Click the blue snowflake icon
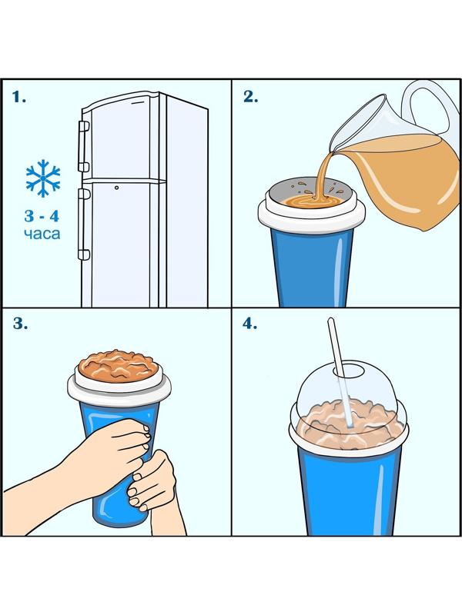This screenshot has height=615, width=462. tap(43, 178)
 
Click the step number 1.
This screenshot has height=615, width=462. tap(18, 97)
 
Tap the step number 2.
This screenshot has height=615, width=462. tap(251, 97)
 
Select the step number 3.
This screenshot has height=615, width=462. tap(20, 324)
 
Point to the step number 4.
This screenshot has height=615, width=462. tap(249, 324)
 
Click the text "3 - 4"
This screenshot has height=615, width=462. tap(42, 216)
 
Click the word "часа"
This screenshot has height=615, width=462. tap(42, 234)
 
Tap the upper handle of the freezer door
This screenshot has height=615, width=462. tap(83, 147)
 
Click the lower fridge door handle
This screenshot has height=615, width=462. tap(83, 224)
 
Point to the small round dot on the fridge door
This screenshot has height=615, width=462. tap(117, 188)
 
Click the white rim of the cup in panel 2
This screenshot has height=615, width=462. tap(312, 214)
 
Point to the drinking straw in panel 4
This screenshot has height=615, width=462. tap(340, 372)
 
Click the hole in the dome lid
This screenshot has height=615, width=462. tap(348, 370)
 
